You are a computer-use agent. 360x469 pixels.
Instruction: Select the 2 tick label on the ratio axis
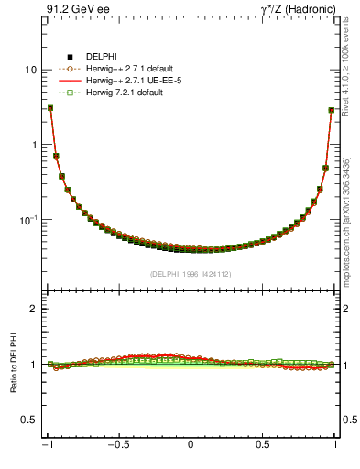tap(34, 309)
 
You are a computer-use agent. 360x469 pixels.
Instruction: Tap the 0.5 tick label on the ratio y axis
tap(29, 420)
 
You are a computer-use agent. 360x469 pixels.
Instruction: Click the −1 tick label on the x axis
tap(47, 446)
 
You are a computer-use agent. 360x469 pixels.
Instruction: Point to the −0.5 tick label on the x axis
tap(118, 446)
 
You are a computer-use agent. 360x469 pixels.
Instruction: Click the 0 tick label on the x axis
tap(191, 446)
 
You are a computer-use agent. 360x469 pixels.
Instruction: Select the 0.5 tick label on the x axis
tap(263, 446)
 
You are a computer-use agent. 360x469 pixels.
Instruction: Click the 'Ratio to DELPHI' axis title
tap(13, 365)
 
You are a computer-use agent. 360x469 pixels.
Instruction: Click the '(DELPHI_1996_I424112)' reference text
tap(191, 273)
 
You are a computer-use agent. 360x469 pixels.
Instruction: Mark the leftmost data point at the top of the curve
tap(49, 108)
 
